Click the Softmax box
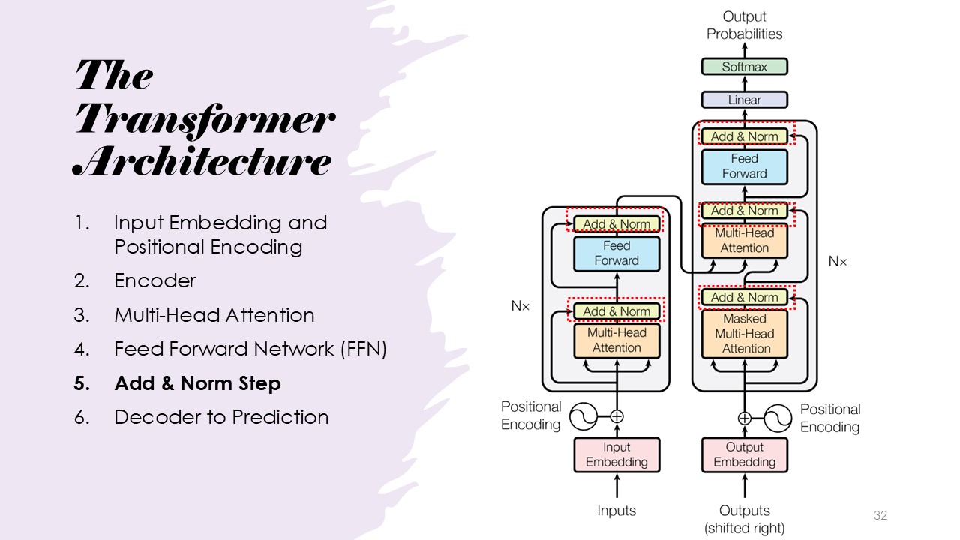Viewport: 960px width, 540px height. [744, 67]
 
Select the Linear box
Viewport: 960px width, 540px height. [744, 100]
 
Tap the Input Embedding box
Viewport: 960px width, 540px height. [616, 455]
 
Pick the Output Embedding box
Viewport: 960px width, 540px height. [744, 455]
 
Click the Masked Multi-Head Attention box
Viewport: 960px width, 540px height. [744, 334]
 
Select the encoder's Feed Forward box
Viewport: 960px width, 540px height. [616, 253]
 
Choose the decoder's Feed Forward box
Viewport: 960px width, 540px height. [744, 166]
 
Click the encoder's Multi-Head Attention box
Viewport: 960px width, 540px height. [616, 340]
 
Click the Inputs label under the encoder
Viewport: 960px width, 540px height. [616, 511]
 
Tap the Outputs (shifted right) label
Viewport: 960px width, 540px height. [744, 519]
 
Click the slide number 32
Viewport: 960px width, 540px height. [880, 515]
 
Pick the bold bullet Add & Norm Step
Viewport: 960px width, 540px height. [197, 383]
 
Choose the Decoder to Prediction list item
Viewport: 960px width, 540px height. [221, 417]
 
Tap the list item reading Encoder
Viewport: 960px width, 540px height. [154, 280]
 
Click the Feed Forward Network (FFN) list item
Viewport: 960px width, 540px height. [250, 349]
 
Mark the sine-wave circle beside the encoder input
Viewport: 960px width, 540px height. [583, 415]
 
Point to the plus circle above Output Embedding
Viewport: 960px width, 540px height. [744, 418]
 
